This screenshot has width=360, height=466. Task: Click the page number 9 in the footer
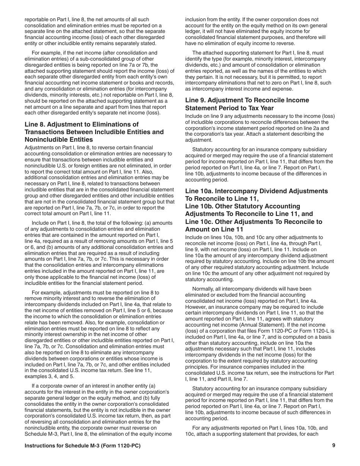click(333, 446)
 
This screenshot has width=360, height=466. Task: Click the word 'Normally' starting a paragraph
click(204, 289)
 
